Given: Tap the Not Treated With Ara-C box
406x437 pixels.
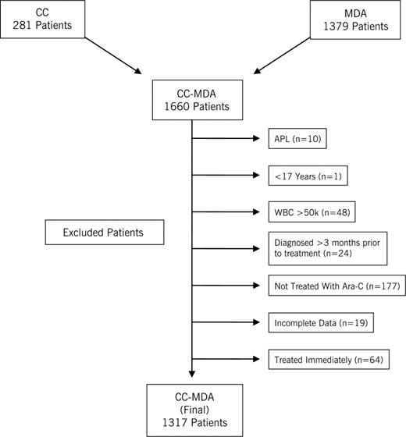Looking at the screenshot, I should point(326,286).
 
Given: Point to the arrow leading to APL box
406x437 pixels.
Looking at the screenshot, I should point(226,140).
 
